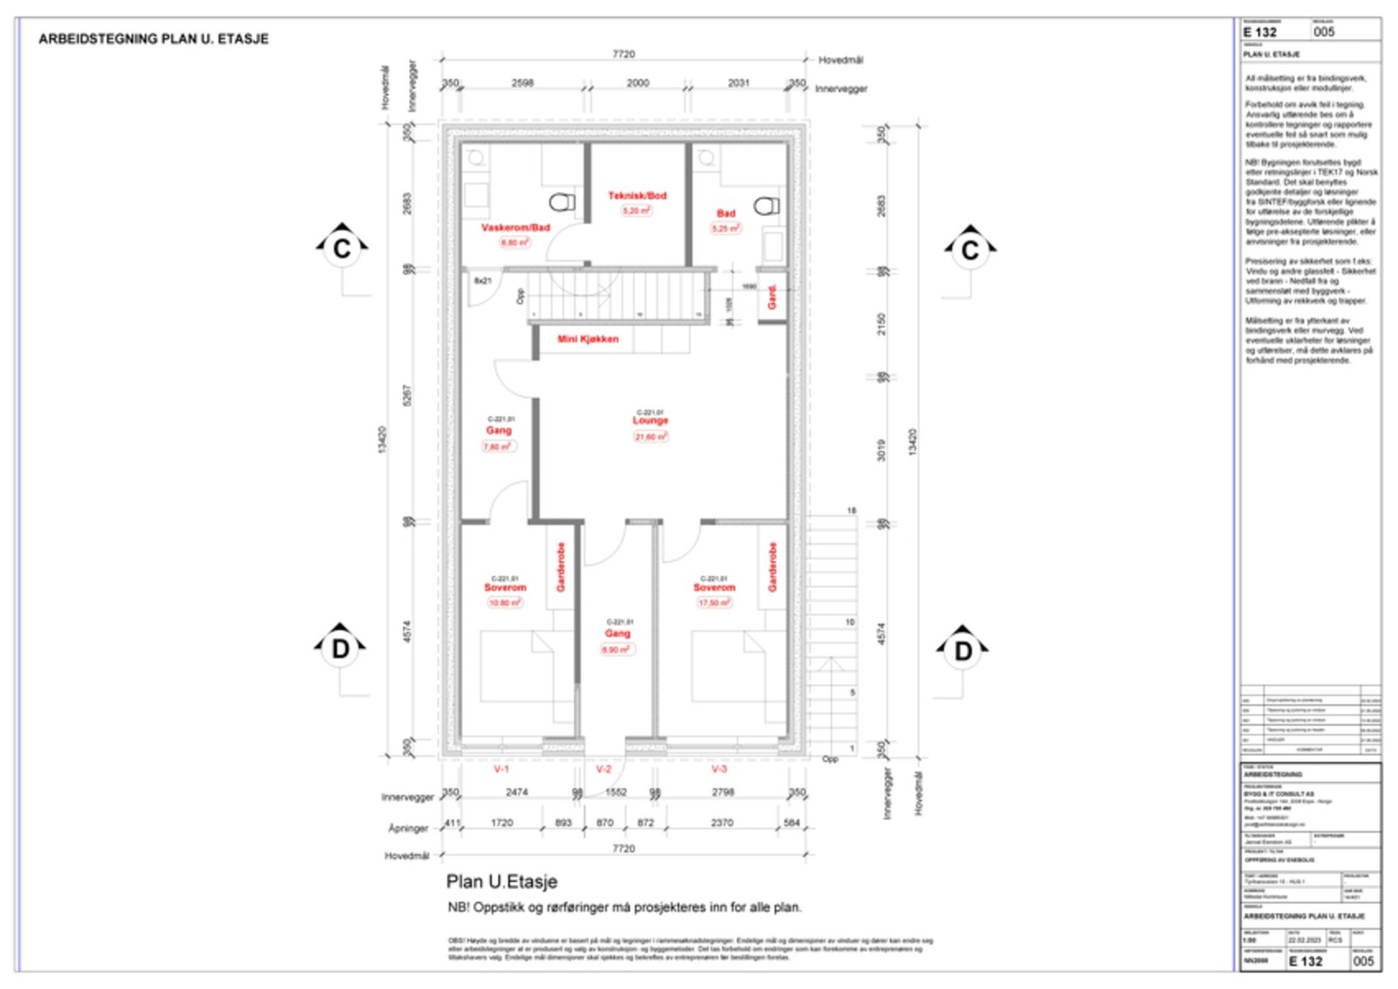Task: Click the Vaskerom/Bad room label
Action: click(516, 228)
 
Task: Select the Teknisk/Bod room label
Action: click(637, 196)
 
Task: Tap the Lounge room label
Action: click(650, 420)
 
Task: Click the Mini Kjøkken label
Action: click(588, 339)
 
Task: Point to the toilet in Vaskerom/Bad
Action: click(562, 203)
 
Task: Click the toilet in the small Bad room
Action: click(766, 206)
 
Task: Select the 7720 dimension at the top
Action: click(623, 54)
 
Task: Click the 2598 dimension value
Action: click(523, 83)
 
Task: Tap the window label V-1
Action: click(501, 770)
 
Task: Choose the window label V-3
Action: click(718, 770)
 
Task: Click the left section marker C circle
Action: click(342, 249)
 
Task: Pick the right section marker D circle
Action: click(963, 651)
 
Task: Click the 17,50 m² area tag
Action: click(714, 603)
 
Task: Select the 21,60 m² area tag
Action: click(650, 437)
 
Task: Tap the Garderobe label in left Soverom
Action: click(560, 567)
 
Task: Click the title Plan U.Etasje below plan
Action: click(502, 882)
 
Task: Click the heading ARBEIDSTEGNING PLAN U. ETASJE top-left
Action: click(154, 39)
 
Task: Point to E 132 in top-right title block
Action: click(1260, 32)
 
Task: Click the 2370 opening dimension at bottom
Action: click(722, 823)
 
